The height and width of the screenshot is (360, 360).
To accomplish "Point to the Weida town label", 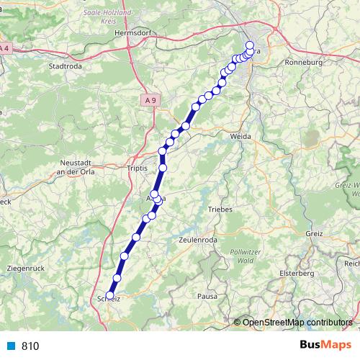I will click(x=240, y=135).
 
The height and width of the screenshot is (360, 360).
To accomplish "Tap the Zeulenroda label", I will click(x=197, y=240).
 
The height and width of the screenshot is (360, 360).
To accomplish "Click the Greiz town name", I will click(x=314, y=234).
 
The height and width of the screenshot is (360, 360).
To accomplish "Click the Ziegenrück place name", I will click(x=26, y=268).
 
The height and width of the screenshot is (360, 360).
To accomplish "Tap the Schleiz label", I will click(x=109, y=297).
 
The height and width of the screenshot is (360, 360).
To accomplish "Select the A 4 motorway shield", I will click(x=6, y=48).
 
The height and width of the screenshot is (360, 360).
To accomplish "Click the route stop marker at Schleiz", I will click(x=109, y=294).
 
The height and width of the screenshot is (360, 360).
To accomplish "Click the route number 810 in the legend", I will click(x=30, y=346).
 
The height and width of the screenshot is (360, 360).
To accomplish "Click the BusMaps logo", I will click(x=325, y=345).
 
